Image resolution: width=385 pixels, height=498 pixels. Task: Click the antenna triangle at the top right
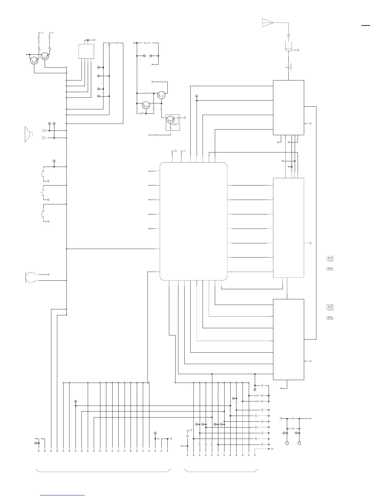[267, 23]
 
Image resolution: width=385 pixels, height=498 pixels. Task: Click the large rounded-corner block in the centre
[193, 221]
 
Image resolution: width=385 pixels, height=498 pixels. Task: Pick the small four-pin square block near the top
[86, 51]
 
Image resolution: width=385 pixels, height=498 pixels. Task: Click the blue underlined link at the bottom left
[63, 495]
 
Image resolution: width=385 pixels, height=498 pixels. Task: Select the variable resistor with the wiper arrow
[109, 43]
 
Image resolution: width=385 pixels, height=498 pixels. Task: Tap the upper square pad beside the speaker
[43, 130]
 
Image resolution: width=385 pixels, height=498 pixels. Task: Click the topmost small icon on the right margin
[330, 259]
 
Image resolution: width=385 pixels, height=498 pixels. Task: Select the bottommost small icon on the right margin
[330, 318]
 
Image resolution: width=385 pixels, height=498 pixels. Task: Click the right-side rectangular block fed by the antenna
[288, 108]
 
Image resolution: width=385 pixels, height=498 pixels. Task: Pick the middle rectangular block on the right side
[288, 228]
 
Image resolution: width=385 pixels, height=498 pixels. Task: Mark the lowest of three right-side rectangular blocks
[288, 339]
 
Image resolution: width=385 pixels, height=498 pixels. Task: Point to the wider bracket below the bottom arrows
[103, 471]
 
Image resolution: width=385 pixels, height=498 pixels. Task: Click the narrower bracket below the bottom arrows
[221, 471]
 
